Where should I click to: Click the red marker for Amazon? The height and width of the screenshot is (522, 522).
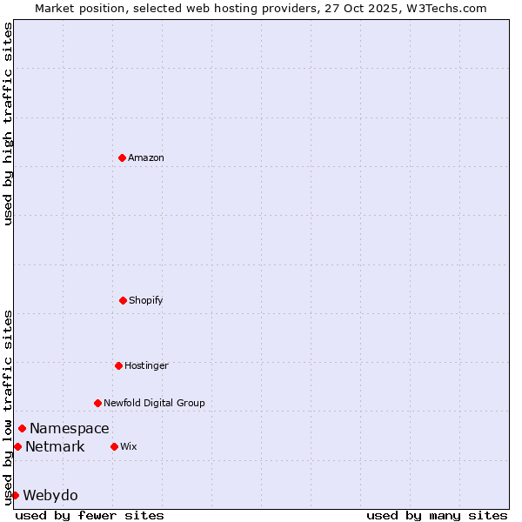click(122, 157)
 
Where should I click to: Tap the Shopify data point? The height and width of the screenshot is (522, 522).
click(123, 300)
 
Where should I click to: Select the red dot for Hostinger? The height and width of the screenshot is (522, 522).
click(118, 365)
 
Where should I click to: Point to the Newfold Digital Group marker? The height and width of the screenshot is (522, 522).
click(97, 403)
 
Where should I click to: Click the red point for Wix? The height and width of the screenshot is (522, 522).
click(114, 446)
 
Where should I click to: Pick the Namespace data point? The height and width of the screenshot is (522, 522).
click(22, 428)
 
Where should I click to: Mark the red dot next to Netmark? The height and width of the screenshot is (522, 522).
click(17, 446)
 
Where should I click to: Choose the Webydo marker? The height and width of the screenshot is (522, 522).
click(15, 495)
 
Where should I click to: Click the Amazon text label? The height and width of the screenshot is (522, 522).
click(146, 157)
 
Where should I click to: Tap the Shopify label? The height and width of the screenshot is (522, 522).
click(146, 300)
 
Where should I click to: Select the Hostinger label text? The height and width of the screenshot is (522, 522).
click(146, 365)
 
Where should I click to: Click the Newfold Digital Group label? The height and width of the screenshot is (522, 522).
click(154, 403)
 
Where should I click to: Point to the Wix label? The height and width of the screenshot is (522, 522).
click(129, 446)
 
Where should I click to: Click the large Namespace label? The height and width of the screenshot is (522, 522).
click(70, 428)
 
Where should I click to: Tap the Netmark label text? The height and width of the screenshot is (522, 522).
click(55, 447)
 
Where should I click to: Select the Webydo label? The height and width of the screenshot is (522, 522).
click(50, 496)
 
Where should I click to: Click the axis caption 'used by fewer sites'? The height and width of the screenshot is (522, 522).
click(90, 515)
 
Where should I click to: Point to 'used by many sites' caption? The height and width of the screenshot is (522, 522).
click(437, 515)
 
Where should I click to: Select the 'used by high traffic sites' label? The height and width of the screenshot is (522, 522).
click(8, 124)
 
